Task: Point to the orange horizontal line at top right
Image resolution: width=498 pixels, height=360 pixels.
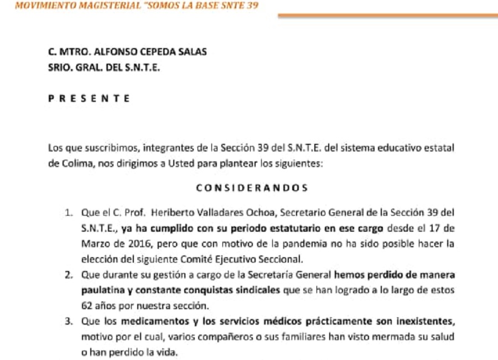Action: click(387, 15)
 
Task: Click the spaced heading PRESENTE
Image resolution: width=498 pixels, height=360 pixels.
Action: click(89, 99)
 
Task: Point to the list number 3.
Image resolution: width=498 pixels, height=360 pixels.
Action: click(68, 321)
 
